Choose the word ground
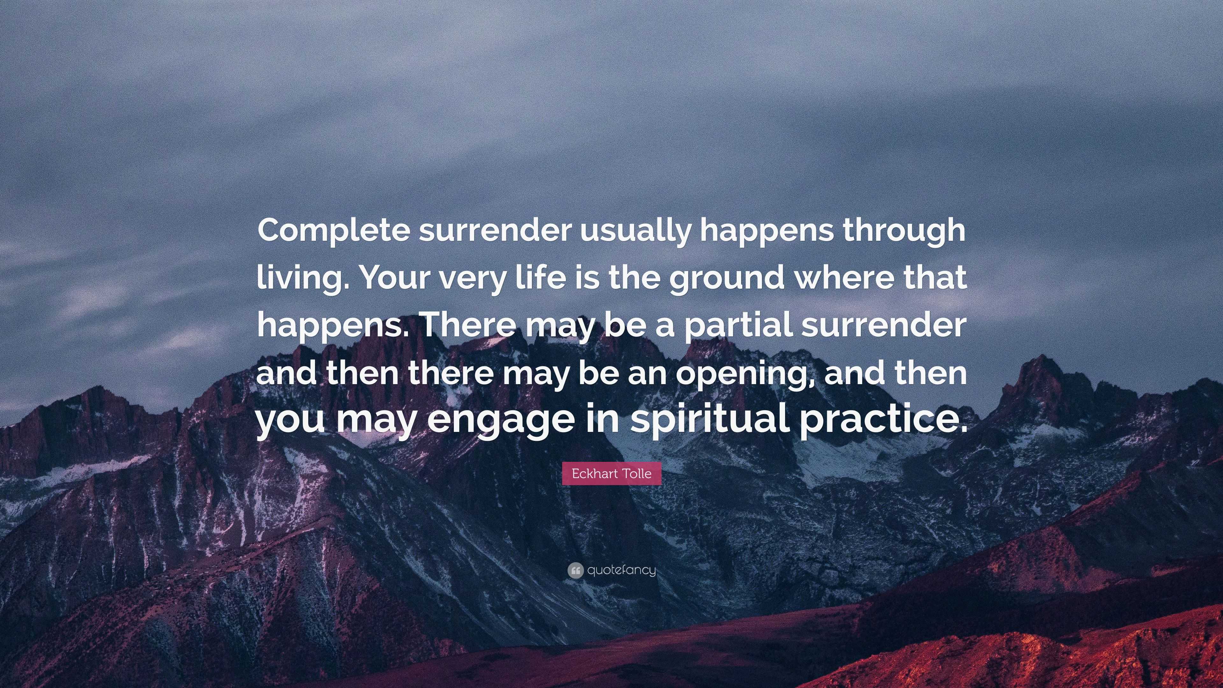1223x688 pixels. pos(727,279)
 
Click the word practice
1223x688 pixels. pos(883,421)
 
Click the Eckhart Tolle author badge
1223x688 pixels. pos(611,473)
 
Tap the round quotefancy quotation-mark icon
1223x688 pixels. pos(575,570)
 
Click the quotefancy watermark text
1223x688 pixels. pos(621,570)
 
